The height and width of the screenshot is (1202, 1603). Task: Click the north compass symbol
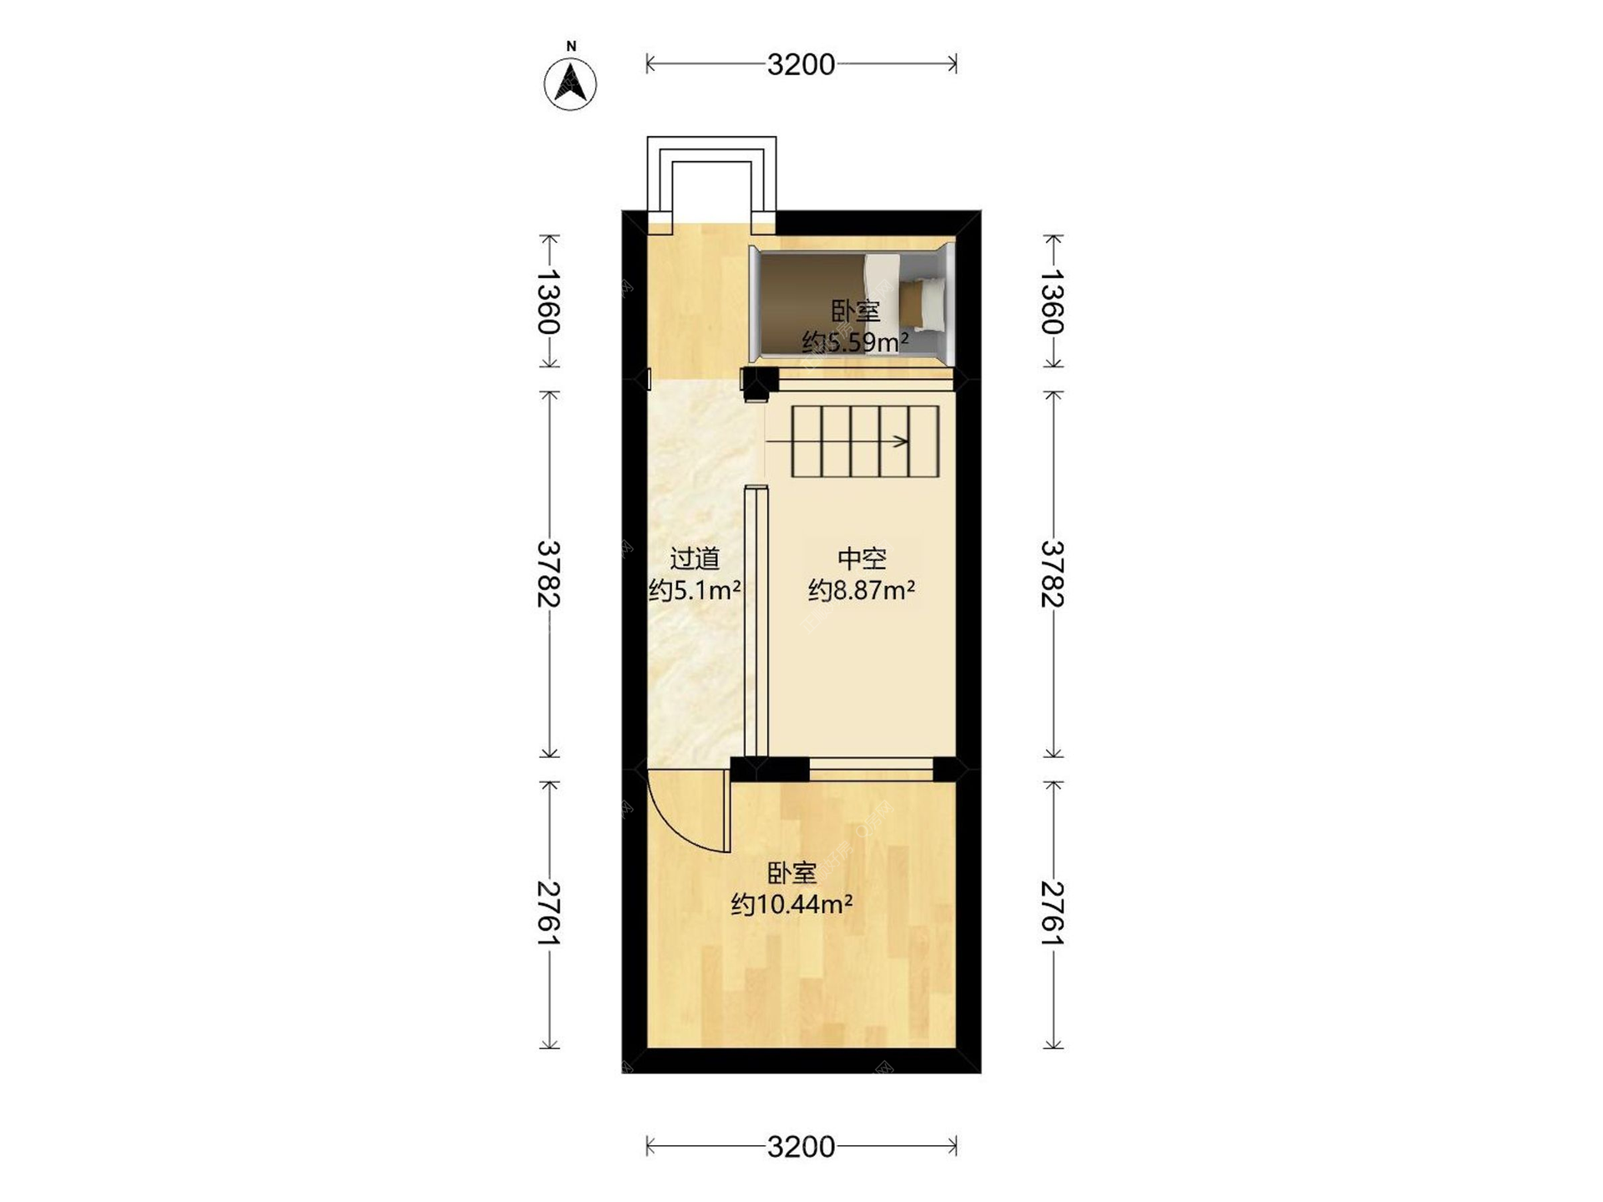[x=570, y=84]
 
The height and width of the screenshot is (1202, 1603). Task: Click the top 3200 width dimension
[x=801, y=64]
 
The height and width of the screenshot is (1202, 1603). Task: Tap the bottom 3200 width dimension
[x=801, y=1147]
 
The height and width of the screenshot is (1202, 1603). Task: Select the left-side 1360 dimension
[x=548, y=301]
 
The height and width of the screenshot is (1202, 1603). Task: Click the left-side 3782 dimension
[x=548, y=574]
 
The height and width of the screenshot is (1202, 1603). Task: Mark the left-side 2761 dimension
[x=548, y=913]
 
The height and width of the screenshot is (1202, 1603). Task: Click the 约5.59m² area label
[x=855, y=342]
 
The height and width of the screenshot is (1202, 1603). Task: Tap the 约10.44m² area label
[x=791, y=904]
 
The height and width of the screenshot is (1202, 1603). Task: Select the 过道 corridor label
[x=695, y=558]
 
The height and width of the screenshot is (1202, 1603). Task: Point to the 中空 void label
[x=862, y=558]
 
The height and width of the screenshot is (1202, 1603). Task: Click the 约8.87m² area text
[x=862, y=590]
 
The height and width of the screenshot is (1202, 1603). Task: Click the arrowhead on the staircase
[x=903, y=441]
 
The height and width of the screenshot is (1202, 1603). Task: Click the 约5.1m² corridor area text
[x=695, y=590]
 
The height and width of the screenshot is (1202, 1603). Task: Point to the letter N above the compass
[x=571, y=47]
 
